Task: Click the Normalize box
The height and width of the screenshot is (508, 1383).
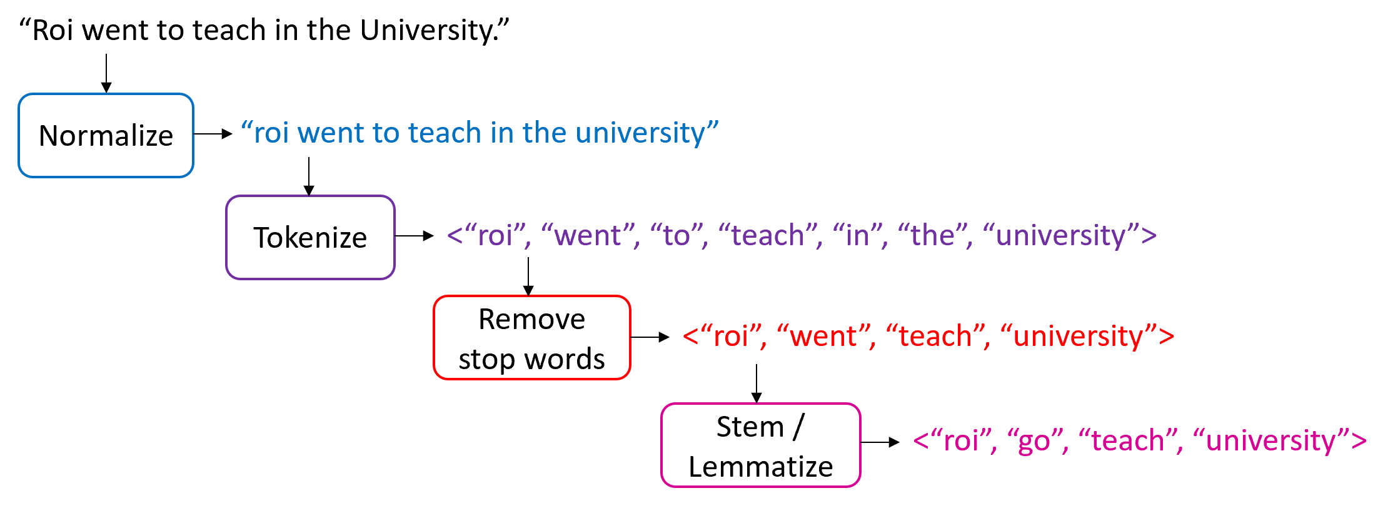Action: point(106,136)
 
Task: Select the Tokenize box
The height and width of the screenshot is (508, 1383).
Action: point(310,238)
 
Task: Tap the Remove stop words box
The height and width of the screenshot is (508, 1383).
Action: point(531,338)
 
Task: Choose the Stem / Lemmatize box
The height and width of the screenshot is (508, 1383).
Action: point(760,445)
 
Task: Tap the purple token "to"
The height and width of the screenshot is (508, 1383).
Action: point(676,236)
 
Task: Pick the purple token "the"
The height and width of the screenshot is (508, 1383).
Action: point(932,236)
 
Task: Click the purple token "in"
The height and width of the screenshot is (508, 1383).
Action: point(857,236)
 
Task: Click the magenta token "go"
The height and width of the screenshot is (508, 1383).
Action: point(1035,442)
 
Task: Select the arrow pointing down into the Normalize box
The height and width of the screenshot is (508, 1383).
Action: point(106,74)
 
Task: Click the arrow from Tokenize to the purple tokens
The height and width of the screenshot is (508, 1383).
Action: point(415,236)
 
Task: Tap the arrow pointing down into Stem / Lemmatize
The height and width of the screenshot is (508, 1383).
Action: point(757,384)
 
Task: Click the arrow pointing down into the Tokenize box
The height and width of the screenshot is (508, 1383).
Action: point(309,176)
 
